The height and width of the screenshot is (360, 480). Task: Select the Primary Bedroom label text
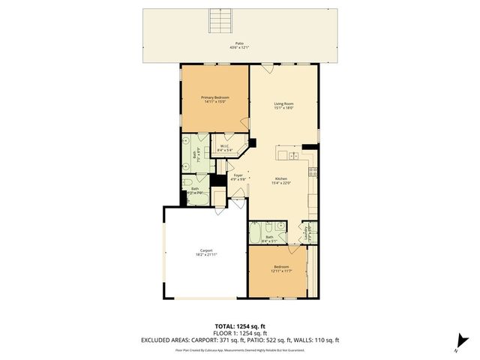pos(214,100)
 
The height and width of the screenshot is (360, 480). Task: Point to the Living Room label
pos(283,106)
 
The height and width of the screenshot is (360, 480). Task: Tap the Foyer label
pos(237,177)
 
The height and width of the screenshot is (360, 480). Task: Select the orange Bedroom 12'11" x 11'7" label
pos(282,268)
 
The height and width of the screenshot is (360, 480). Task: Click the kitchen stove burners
pos(313,171)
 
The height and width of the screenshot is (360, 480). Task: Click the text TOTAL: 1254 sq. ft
pos(240,326)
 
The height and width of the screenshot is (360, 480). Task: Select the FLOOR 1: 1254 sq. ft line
pos(240,333)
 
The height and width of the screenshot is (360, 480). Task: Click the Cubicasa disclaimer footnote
pos(240,349)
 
